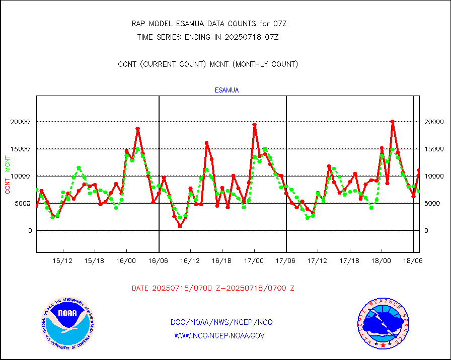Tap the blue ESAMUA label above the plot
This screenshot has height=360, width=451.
click(x=227, y=91)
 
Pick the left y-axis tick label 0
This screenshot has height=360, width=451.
click(x=30, y=230)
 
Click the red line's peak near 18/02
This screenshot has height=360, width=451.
click(x=392, y=122)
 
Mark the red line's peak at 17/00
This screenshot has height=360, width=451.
click(x=255, y=124)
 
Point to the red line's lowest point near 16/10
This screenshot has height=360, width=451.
click(x=180, y=226)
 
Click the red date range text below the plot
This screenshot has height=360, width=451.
click(x=213, y=288)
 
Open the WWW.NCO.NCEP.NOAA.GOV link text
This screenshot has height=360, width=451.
click(x=219, y=335)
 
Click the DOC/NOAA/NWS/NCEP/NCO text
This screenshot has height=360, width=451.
click(x=221, y=322)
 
